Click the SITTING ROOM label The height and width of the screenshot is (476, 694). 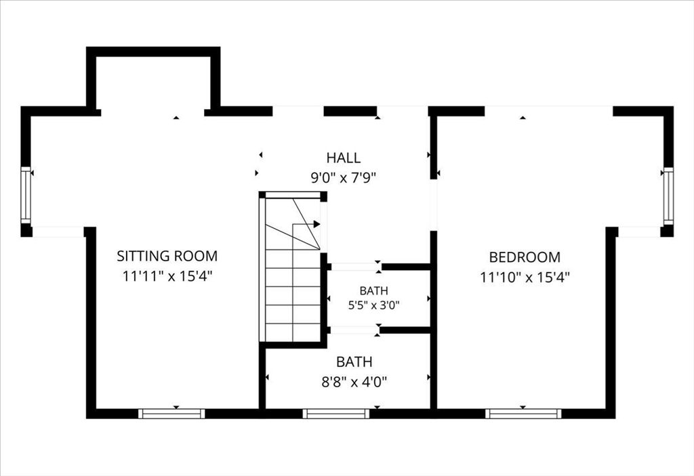pos(167,256)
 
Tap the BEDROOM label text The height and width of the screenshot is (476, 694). pos(525,257)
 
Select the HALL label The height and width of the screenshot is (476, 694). pos(344,158)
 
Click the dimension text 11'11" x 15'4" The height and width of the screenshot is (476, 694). pos(167,276)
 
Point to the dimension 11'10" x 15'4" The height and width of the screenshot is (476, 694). pos(525,278)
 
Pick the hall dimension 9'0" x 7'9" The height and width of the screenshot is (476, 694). pos(344,178)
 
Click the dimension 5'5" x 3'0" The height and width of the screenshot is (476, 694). pos(374,305)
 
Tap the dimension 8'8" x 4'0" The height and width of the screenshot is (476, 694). pos(354,382)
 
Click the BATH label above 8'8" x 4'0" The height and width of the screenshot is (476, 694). pos(354,362)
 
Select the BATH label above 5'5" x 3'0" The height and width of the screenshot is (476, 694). pos(374,290)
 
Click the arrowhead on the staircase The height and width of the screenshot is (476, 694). pos(317,224)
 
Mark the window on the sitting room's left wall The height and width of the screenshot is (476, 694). pos(26,195)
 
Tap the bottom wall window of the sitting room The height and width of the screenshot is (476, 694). pos(171,414)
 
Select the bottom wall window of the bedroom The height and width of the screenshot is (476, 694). pos(523,414)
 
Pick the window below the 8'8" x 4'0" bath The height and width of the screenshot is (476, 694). pos(336,414)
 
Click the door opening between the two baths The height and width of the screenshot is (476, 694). pos(355,330)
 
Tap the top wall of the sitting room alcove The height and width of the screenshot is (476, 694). pos(153,51)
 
